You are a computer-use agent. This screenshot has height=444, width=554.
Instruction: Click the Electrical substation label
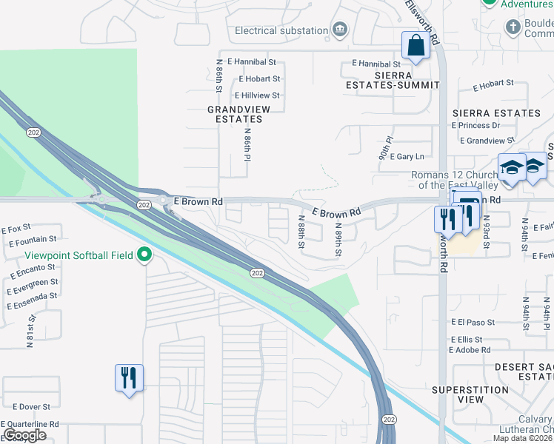(x=281, y=30)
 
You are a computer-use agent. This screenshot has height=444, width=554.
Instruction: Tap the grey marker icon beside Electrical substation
(x=340, y=30)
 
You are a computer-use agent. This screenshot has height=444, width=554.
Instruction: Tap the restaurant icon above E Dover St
(x=129, y=378)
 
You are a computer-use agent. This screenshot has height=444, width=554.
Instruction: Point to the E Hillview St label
(x=257, y=95)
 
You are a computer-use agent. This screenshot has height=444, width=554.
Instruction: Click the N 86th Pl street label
(x=249, y=144)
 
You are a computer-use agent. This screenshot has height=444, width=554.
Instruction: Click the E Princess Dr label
(x=481, y=125)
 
